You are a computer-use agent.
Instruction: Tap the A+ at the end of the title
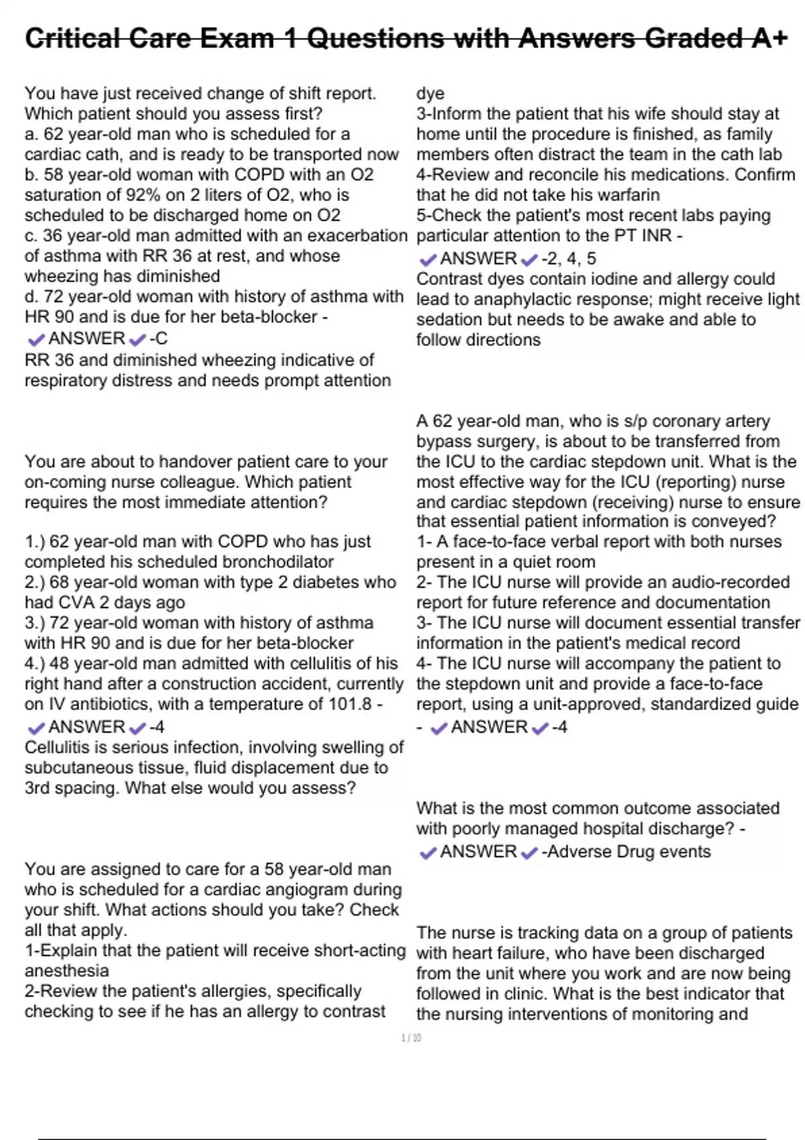[769, 38]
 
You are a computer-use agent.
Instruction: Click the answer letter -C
[158, 339]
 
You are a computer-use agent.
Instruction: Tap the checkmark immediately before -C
[138, 340]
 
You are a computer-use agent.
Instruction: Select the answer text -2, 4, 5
[568, 259]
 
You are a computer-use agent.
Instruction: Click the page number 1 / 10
[411, 1038]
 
